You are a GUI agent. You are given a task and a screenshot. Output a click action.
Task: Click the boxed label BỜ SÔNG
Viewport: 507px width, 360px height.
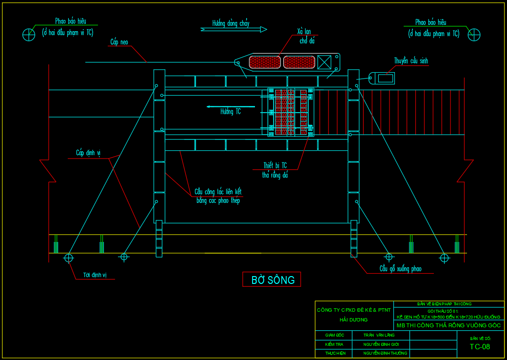coord(272,280)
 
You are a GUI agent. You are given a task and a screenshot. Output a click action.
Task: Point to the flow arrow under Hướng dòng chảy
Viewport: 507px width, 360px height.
coord(234,29)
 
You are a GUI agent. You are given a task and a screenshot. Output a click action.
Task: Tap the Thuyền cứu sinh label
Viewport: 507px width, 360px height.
coord(411,61)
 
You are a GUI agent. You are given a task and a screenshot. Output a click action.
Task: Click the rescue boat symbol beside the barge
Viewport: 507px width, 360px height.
coord(382,78)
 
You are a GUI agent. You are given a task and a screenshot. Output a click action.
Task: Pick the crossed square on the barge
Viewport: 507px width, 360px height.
coord(324,62)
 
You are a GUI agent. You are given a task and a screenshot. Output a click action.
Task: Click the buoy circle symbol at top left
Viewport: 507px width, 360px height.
coord(29,35)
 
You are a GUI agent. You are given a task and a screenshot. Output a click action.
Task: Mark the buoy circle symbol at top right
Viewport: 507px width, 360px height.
coord(474,35)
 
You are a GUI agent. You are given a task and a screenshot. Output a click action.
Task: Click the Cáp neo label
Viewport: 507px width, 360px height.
coord(118,43)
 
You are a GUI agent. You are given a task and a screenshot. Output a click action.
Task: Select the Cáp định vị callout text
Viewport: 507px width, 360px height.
coord(88,153)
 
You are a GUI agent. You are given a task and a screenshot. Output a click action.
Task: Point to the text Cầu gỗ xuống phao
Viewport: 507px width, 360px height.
coord(400,269)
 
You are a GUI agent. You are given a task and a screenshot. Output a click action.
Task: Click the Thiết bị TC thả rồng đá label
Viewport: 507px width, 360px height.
coord(275,170)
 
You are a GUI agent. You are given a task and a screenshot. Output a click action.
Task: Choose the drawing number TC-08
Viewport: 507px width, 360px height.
coord(480,347)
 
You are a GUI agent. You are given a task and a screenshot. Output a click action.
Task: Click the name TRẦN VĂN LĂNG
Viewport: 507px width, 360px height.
coord(379,335)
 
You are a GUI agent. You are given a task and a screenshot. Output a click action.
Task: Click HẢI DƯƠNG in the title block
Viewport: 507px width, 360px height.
coord(353,320)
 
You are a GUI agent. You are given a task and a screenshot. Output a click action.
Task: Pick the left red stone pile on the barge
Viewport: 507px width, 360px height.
coord(264,62)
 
